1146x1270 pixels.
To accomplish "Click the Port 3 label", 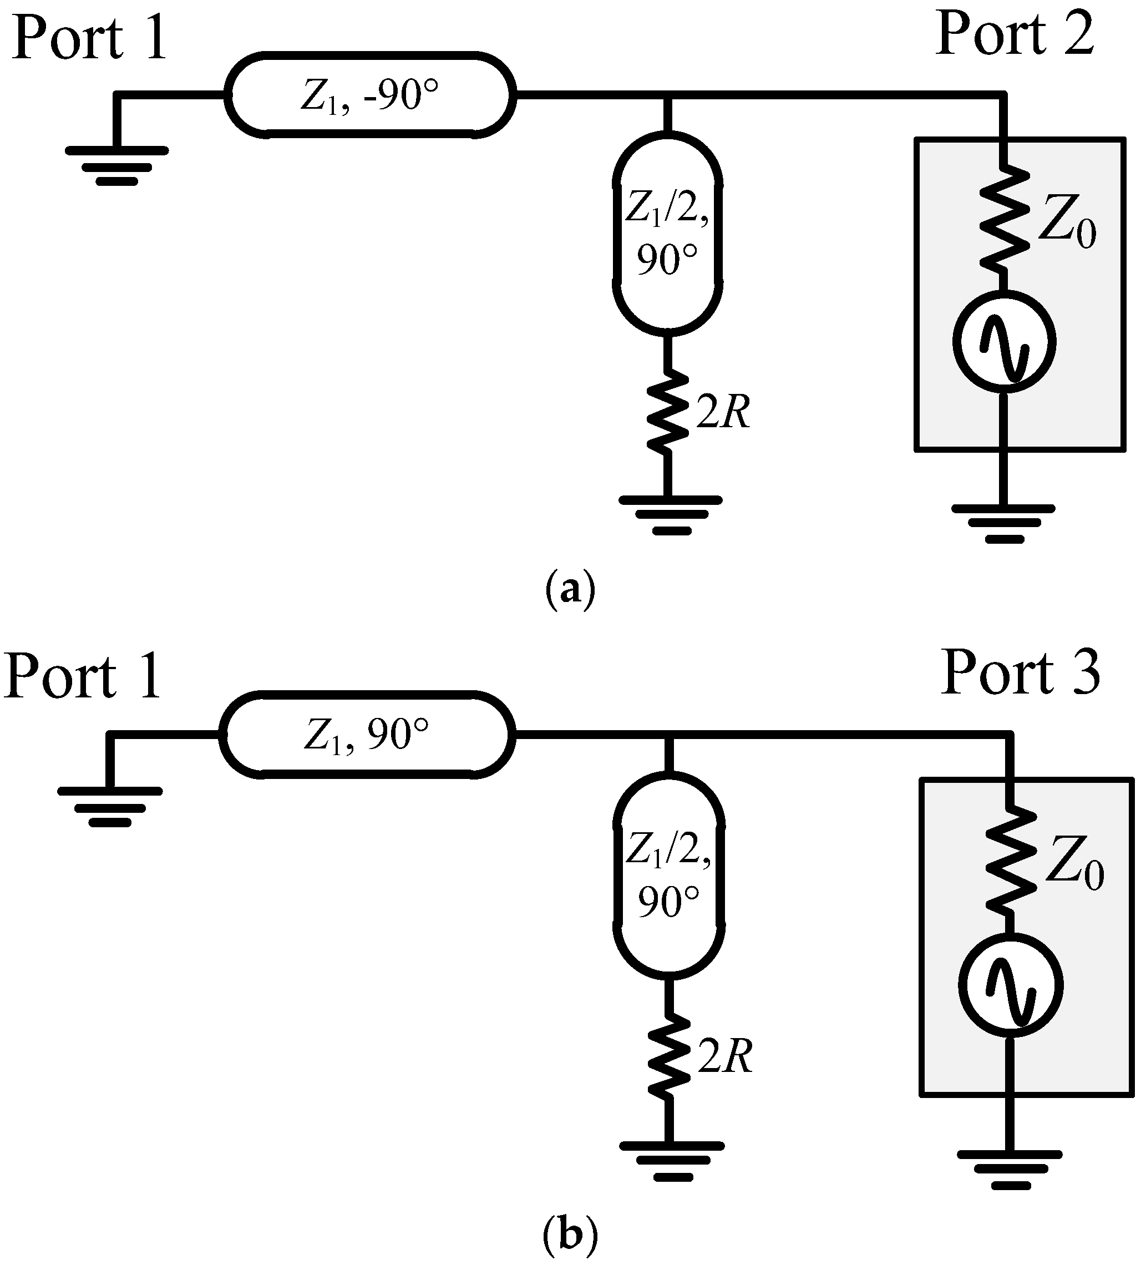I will [x=1020, y=674].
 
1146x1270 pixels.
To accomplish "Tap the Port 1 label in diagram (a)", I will [x=89, y=39].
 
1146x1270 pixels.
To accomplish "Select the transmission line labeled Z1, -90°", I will [x=370, y=95].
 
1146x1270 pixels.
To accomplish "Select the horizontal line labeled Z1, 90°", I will [x=367, y=735].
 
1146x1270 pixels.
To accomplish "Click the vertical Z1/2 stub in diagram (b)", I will [x=669, y=875].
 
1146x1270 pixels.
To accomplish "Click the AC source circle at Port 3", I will [x=1011, y=985].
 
